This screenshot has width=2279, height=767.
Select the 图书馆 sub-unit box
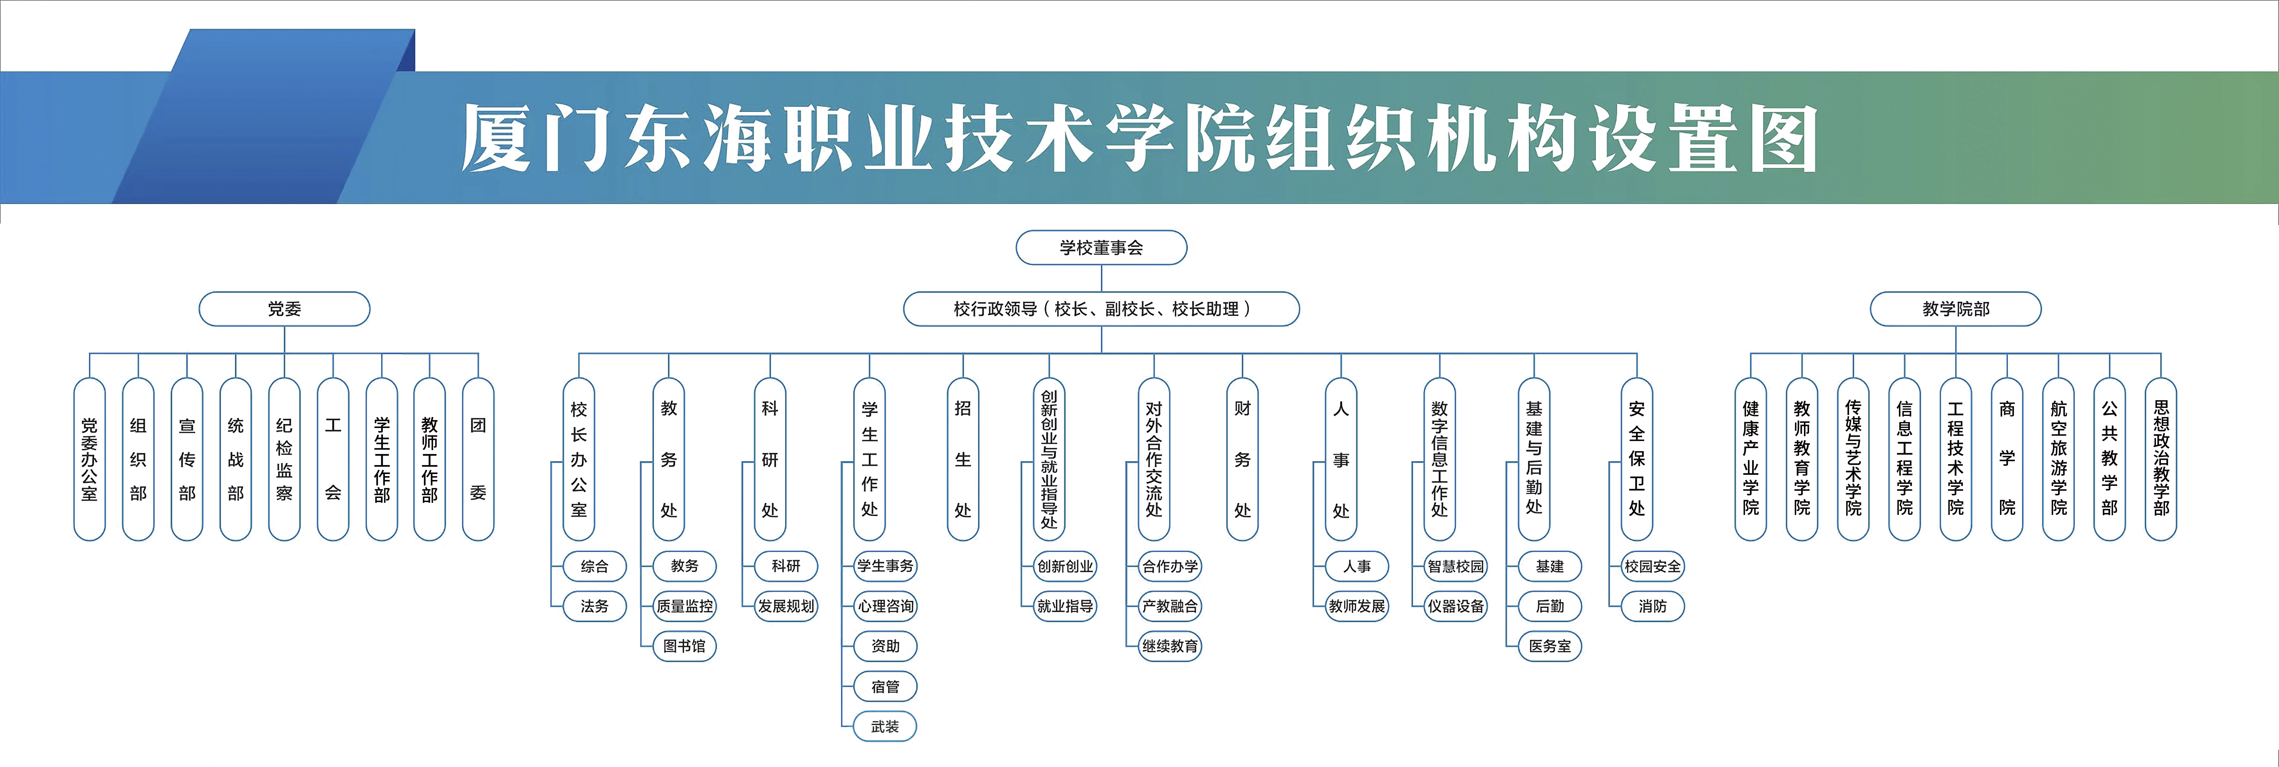pyautogui.click(x=684, y=646)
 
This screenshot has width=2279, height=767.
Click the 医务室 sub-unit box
pyautogui.click(x=1550, y=646)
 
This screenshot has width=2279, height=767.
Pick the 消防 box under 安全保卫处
pyautogui.click(x=1653, y=606)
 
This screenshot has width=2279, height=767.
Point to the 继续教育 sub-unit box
pyautogui.click(x=1169, y=646)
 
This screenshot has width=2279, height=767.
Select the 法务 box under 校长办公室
pyautogui.click(x=595, y=606)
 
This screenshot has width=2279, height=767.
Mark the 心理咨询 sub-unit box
pyautogui.click(x=885, y=606)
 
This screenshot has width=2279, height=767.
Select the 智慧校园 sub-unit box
pyautogui.click(x=1455, y=566)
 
